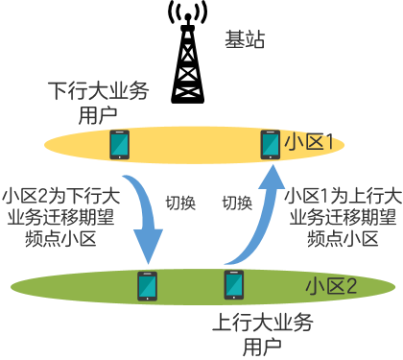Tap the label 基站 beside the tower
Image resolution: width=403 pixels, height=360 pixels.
point(245,39)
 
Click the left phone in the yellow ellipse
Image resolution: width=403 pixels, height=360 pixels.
point(120,145)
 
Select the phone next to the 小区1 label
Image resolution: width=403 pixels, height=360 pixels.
point(271,145)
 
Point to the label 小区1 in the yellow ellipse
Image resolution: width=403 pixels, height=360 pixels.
point(309,142)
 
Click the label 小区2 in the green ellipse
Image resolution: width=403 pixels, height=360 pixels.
point(331,286)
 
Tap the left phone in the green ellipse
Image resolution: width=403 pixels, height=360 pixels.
point(147,286)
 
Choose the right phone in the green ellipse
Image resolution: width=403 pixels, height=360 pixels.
point(234,285)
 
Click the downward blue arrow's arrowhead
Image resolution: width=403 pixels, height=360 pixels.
point(148,247)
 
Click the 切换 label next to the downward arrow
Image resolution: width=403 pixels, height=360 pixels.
point(180,203)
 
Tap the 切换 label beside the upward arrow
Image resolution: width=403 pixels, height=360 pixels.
point(237,203)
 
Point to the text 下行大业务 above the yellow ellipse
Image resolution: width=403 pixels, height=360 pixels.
point(99,91)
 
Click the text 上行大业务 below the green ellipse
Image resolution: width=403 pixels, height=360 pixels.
point(263,323)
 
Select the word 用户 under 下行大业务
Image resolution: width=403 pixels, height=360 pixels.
point(98,115)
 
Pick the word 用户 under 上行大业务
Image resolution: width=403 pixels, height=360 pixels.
point(262,347)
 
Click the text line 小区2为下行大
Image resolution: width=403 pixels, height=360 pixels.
point(60,196)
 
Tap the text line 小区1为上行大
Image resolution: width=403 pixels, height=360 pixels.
point(343,196)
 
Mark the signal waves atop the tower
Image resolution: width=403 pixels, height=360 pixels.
point(188,12)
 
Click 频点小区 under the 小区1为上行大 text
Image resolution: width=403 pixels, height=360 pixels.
point(343,239)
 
